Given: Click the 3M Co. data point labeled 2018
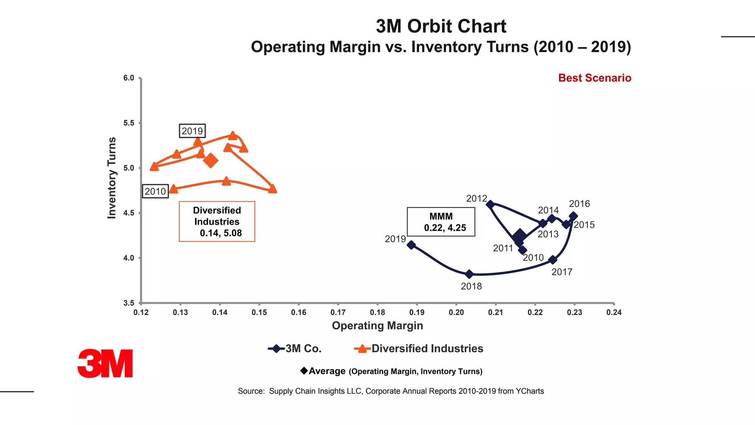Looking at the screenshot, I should [x=469, y=274].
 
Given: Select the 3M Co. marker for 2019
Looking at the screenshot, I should [x=411, y=245].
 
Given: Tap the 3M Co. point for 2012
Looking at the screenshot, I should [x=490, y=204].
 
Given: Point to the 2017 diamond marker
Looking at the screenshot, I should [x=553, y=260].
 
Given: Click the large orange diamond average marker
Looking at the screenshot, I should [x=211, y=160].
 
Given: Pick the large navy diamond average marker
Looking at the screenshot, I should [x=519, y=235].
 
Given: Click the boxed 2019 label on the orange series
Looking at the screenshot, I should [x=192, y=131].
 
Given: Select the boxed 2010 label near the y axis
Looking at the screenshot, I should [x=155, y=191].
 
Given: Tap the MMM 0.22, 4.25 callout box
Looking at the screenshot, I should [x=441, y=222].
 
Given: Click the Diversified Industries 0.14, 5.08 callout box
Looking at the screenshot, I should [x=217, y=221].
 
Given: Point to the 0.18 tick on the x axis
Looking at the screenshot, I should [x=377, y=312].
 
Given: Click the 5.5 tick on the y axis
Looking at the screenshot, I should [x=129, y=123].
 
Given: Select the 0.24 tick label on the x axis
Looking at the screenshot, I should [x=613, y=312].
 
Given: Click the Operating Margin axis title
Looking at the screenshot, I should [x=377, y=325].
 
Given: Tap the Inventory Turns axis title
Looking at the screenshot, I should [x=112, y=178].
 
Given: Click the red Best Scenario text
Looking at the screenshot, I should [x=594, y=78].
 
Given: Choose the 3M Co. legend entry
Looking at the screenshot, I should [x=295, y=348].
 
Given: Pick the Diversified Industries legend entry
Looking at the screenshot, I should [x=418, y=348].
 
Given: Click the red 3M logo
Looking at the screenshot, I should [x=105, y=363].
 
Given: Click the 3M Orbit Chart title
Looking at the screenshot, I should [x=441, y=27].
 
